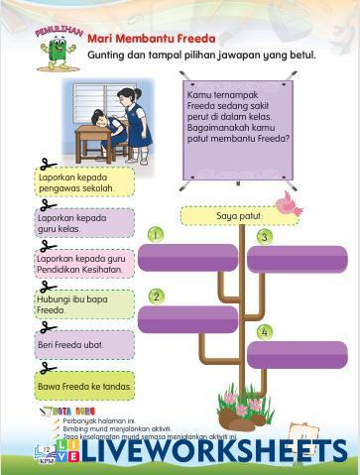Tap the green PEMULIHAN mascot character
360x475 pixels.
(56, 49)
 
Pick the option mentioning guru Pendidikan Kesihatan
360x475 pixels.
(83, 263)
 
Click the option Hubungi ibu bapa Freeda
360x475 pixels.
(83, 303)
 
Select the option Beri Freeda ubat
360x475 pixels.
(83, 344)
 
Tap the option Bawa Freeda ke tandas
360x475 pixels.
(83, 385)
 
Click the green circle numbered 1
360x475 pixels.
(156, 234)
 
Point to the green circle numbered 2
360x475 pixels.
(156, 296)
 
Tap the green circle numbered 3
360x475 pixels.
(264, 236)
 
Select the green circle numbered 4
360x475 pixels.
(264, 331)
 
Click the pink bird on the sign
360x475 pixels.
(289, 202)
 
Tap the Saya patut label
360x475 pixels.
(238, 215)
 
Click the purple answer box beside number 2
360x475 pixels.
(187, 319)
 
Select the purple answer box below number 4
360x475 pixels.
(297, 354)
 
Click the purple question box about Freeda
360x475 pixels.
(237, 128)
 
